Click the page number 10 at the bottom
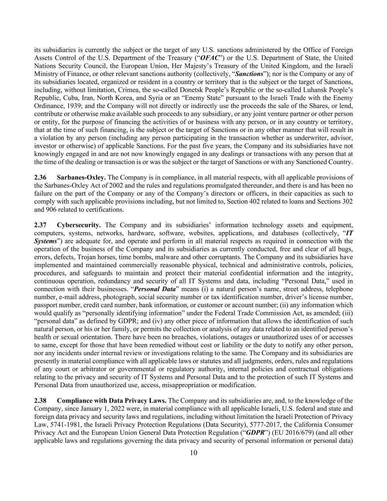[x=194, y=453]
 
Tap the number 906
[x=51, y=210]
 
